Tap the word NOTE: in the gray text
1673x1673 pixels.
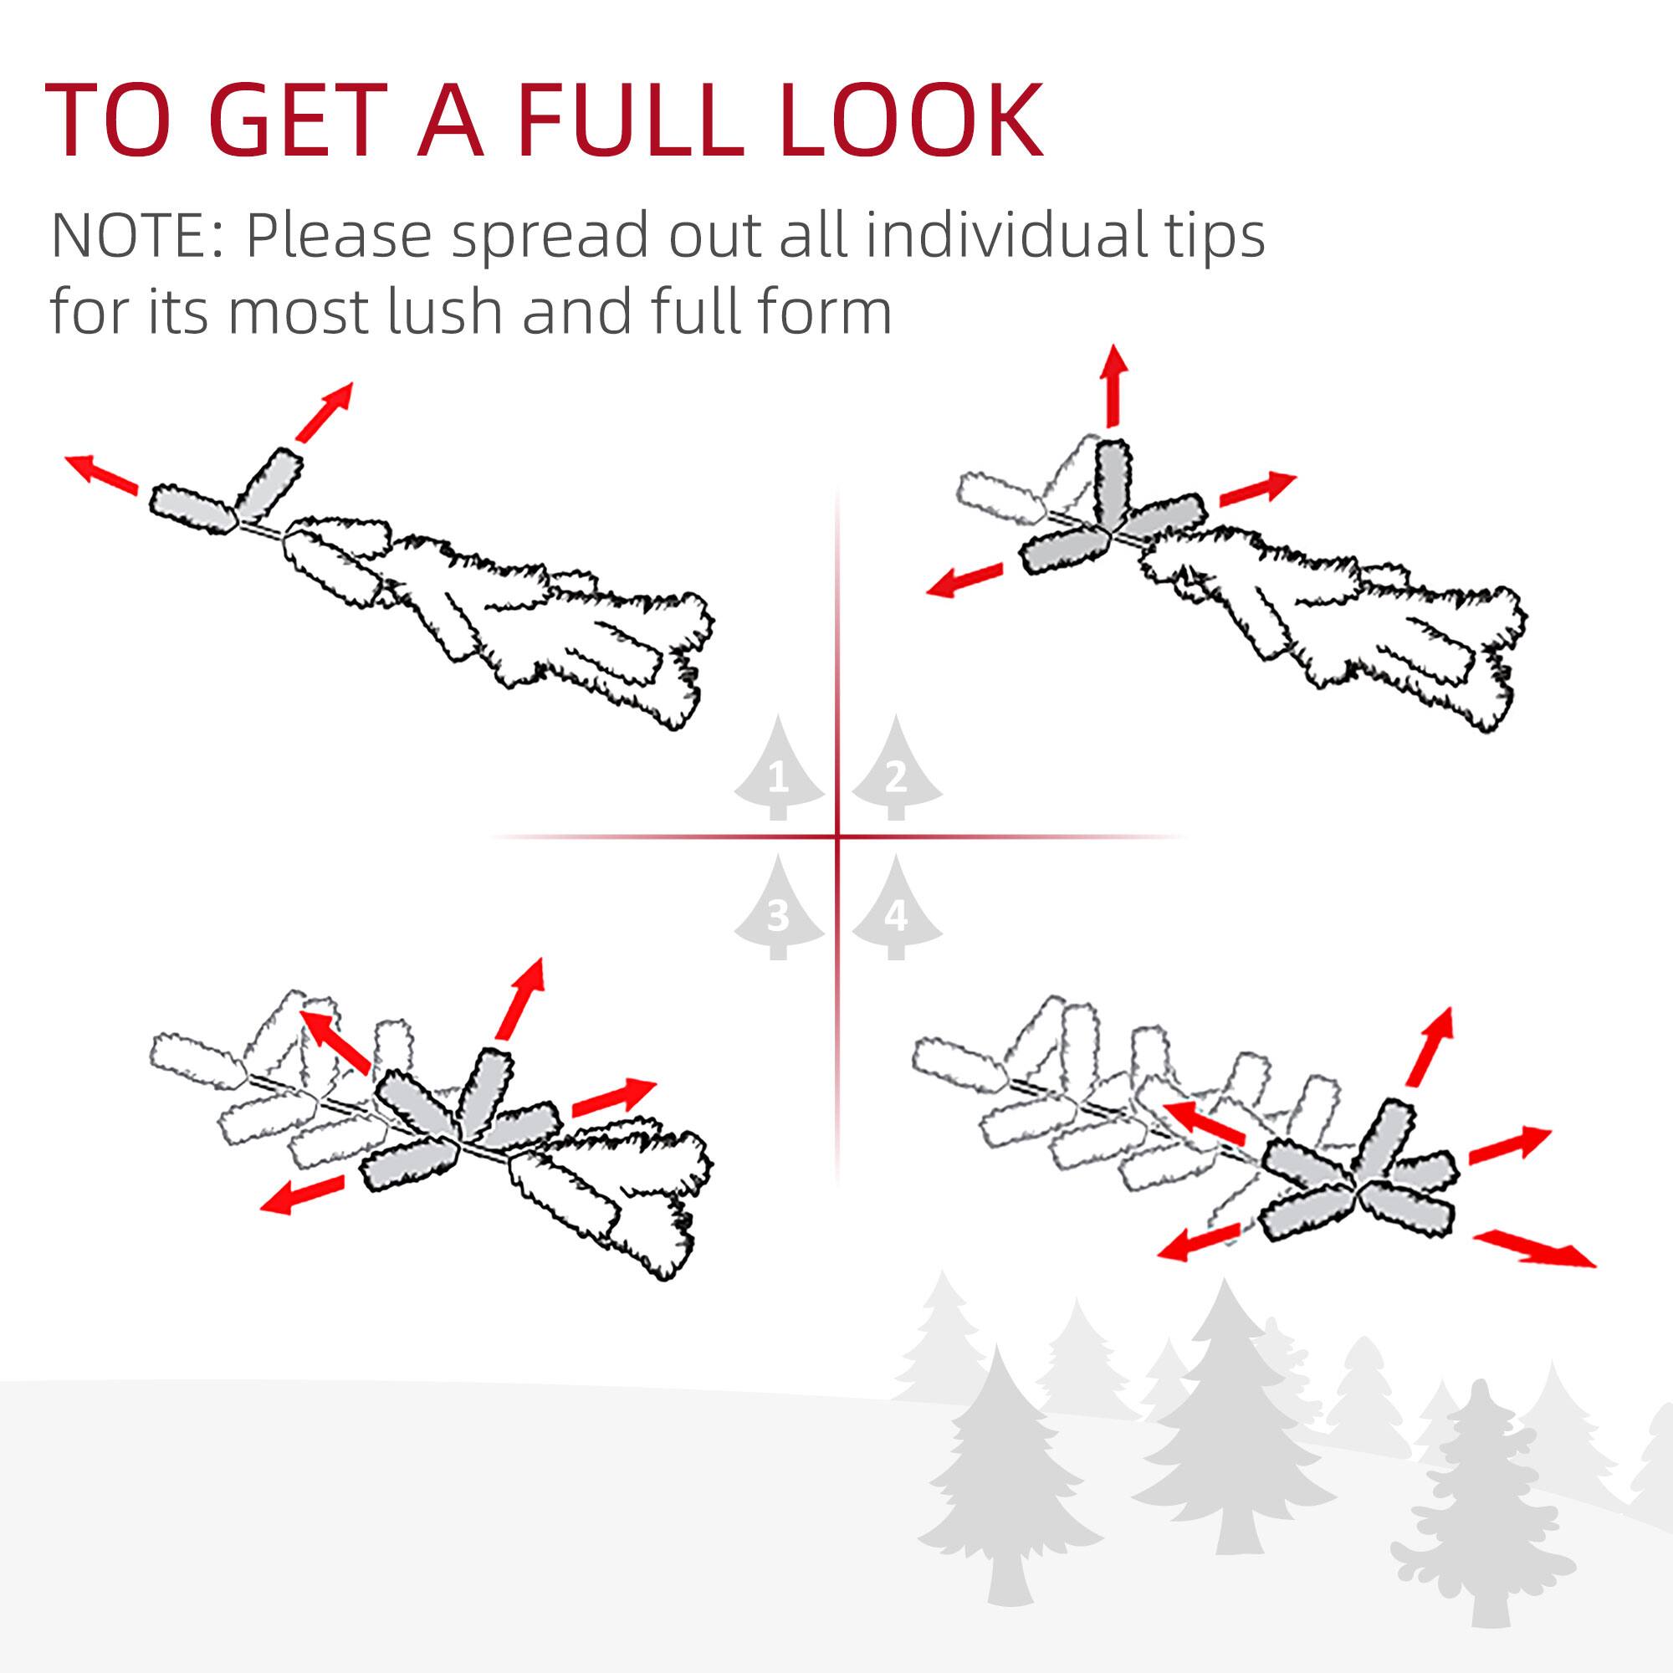139,236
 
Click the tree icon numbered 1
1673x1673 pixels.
779,770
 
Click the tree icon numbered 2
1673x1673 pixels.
896,770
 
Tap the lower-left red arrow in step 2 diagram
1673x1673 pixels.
964,580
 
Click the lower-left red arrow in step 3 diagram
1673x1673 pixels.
302,1195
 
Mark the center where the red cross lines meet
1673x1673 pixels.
837,836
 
